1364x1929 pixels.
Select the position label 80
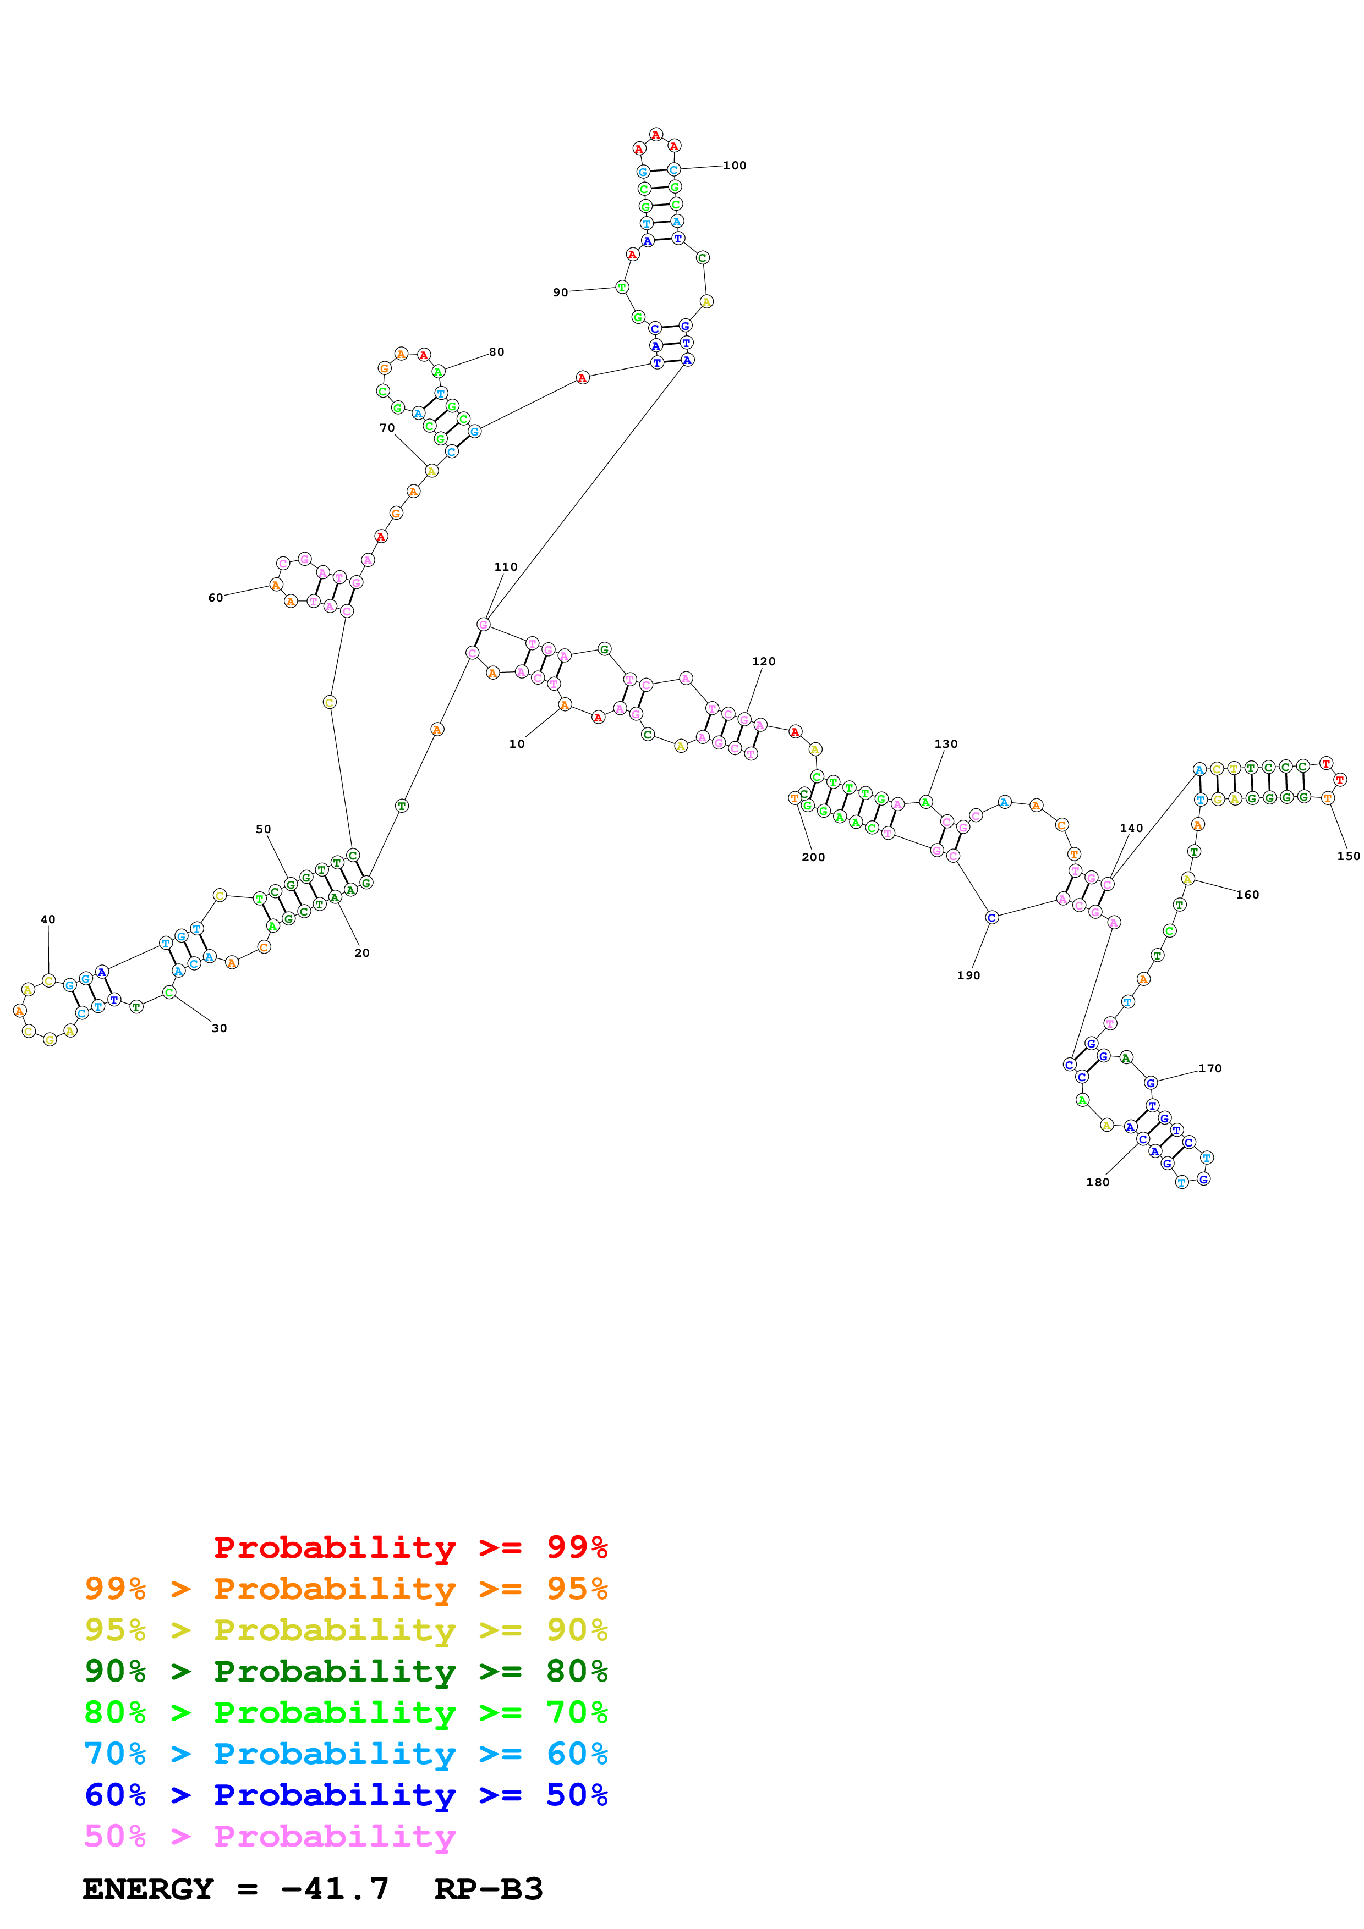497,352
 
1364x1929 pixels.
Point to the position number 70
387,428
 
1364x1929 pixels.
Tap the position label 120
763,661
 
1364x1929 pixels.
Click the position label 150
1348,856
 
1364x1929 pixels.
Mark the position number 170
1209,1068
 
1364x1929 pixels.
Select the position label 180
1098,1182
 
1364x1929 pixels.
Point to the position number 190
968,975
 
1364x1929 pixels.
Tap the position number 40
48,919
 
